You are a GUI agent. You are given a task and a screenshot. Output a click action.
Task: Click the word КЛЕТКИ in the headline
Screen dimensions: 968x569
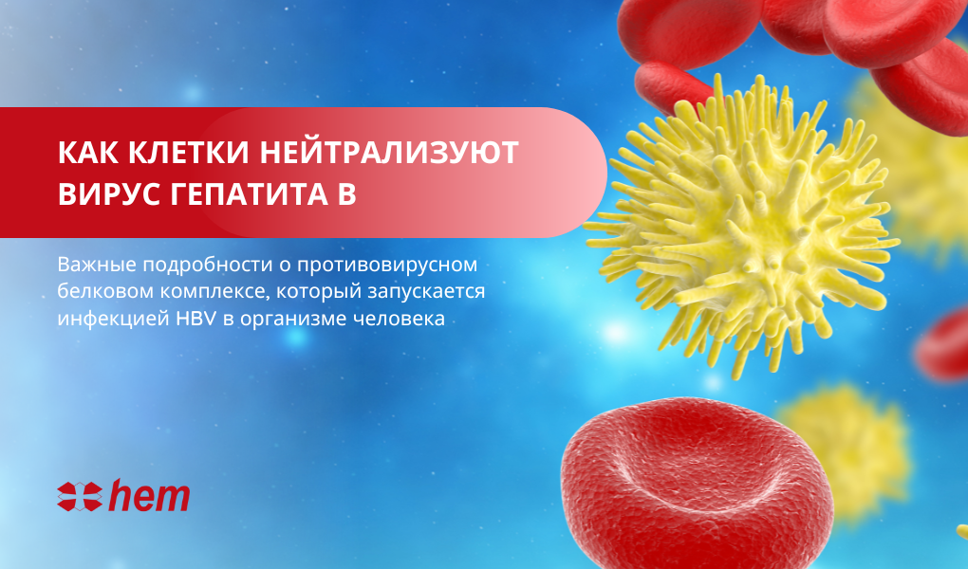coord(189,153)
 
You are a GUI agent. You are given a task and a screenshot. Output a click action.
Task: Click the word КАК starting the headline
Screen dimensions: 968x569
coord(87,153)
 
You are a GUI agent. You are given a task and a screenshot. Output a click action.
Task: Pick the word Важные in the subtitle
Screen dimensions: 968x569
coord(97,265)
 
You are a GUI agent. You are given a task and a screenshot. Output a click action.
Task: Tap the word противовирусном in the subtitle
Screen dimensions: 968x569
coord(387,265)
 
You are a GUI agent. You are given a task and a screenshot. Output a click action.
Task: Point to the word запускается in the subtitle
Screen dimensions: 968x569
coord(426,292)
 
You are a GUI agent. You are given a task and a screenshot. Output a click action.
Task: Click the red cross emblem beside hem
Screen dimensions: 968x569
coord(80,497)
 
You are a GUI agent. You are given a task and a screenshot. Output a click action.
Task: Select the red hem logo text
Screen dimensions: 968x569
coord(149,496)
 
